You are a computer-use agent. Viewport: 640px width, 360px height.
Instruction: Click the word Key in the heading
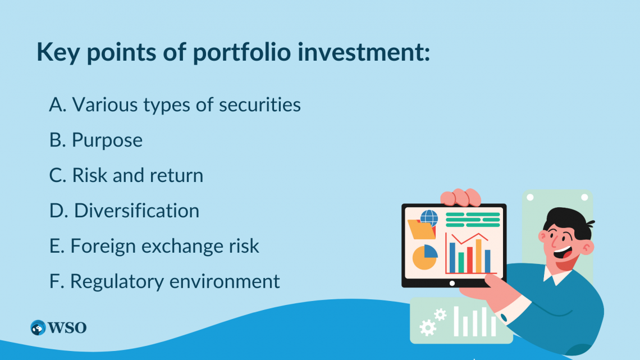pyautogui.click(x=58, y=52)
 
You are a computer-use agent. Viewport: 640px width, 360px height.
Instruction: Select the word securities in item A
pyautogui.click(x=259, y=104)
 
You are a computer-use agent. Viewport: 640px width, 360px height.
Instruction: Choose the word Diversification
pyautogui.click(x=137, y=211)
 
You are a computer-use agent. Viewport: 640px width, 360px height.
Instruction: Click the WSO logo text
pyautogui.click(x=67, y=327)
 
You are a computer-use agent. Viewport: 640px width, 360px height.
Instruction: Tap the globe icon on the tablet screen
pyautogui.click(x=429, y=218)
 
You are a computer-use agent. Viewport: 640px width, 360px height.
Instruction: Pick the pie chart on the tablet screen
pyautogui.click(x=425, y=257)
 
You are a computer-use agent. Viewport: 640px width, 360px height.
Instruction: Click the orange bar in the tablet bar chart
pyautogui.click(x=478, y=256)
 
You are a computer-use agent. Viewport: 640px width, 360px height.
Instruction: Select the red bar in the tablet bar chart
pyautogui.click(x=469, y=260)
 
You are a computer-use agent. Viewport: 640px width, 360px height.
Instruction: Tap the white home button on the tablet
pyautogui.click(x=452, y=283)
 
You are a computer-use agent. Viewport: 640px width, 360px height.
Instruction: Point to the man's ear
pyautogui.click(x=587, y=247)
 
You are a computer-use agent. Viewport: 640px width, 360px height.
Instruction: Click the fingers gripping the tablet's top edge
pyautogui.click(x=461, y=197)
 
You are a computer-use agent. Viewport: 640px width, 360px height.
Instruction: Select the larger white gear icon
pyautogui.click(x=427, y=327)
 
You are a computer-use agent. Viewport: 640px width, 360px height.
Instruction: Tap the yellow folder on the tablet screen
pyautogui.click(x=421, y=229)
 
